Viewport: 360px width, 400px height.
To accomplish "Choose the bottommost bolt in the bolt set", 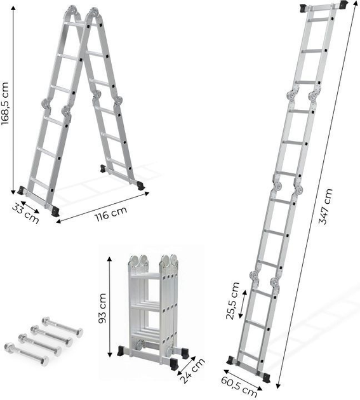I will tap(25, 354).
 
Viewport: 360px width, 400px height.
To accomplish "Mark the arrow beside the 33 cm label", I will tap(28, 204).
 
